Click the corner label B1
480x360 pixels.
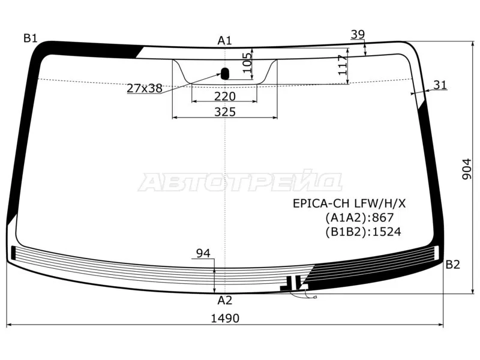pos(31,38)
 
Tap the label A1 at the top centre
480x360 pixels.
pos(224,40)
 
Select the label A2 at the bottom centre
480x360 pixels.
pos(224,301)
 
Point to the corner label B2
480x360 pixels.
pos(453,264)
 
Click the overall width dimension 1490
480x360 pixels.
pos(225,319)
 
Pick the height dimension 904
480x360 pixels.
pos(467,169)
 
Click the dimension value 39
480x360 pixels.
pos(358,34)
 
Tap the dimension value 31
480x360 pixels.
pos(440,85)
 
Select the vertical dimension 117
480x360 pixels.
pos(343,65)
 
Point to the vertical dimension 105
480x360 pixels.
pos(247,62)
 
